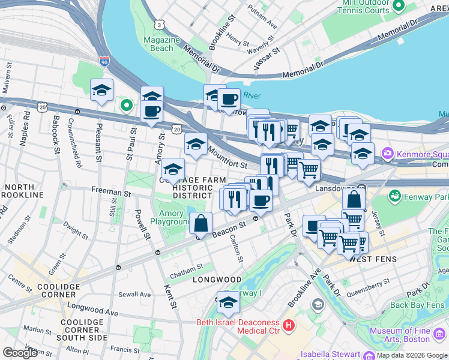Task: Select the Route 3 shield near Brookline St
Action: point(159,25)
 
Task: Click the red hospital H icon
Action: point(289,326)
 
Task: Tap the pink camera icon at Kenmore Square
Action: point(388,154)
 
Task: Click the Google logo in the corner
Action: point(20,353)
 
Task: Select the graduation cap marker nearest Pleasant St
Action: point(101,91)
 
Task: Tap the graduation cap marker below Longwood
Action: point(228,304)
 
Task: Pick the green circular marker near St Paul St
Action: point(126,106)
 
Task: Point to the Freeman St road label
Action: point(111,193)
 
